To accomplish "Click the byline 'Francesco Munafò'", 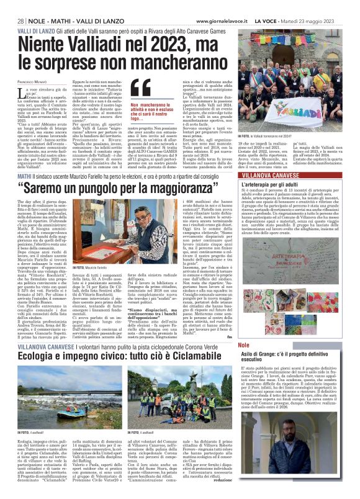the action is (x=32, y=82).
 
